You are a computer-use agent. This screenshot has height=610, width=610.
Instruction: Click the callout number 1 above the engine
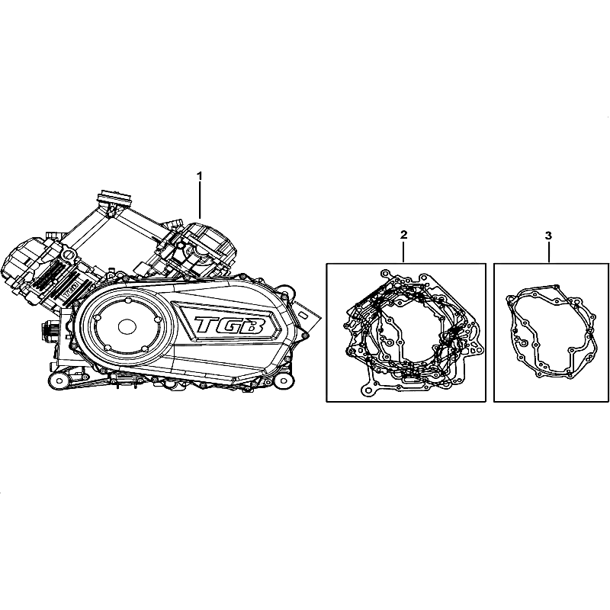(200, 176)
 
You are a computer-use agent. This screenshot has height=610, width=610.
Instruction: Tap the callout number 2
(404, 235)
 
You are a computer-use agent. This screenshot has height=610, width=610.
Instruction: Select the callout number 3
(548, 236)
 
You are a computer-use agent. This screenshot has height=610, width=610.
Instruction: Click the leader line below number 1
(200, 201)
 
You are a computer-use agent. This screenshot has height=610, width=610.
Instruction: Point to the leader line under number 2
(404, 252)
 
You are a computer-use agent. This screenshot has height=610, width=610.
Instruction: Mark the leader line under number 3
(549, 252)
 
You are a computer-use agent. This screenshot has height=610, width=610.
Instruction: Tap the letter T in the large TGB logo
(206, 325)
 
